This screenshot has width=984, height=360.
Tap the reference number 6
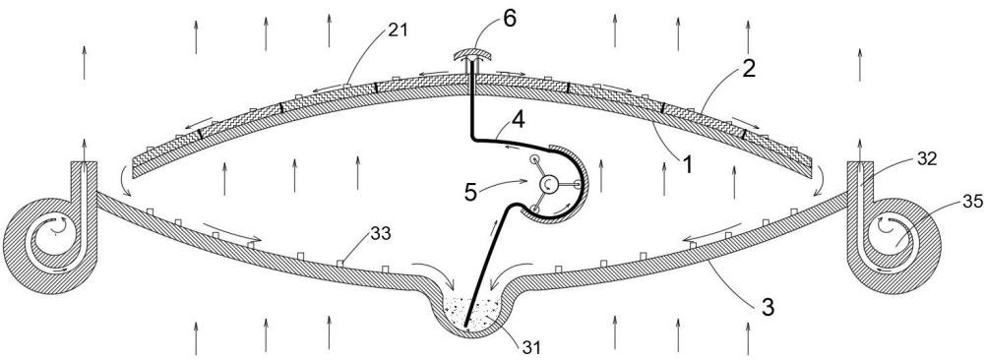tap(509, 18)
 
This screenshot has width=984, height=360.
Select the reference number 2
tap(748, 69)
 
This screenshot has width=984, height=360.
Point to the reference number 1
tap(688, 165)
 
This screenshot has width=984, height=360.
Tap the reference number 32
tap(926, 158)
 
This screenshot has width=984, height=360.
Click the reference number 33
tap(380, 234)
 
